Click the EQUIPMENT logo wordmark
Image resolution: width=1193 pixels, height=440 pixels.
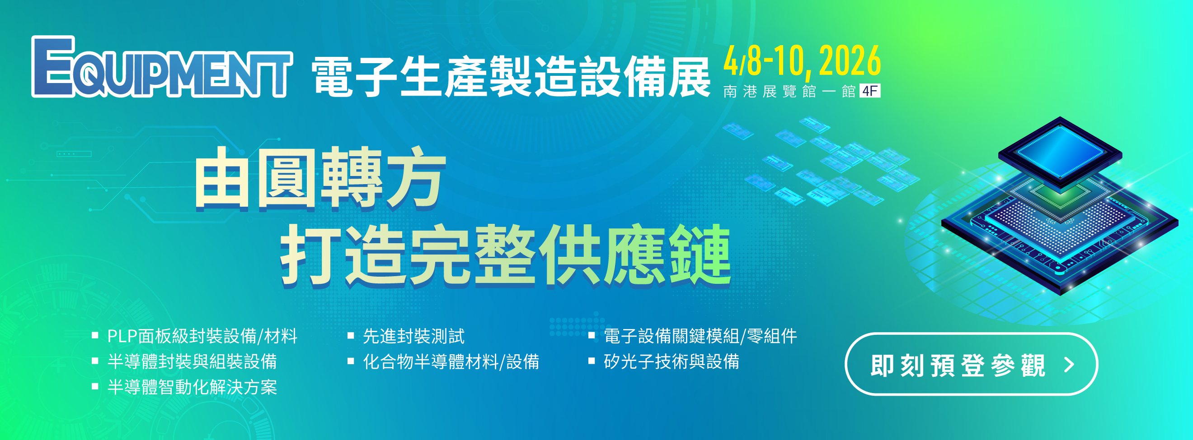(162, 67)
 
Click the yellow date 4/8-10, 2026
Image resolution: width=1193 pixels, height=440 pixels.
(802, 61)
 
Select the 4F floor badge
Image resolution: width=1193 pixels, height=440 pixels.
(870, 91)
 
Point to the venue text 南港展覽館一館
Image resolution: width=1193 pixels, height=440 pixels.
(789, 91)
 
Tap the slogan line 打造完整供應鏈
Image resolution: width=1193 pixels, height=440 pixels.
(506, 255)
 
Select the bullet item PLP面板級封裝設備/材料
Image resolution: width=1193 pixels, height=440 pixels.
(202, 336)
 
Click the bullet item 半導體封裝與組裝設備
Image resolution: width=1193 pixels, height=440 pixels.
(192, 361)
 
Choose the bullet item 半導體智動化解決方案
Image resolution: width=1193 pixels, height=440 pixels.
(192, 387)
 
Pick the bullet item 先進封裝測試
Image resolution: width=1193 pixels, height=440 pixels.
(413, 336)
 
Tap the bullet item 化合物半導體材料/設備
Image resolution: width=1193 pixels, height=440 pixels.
(451, 361)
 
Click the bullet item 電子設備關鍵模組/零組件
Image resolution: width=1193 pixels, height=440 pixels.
(700, 336)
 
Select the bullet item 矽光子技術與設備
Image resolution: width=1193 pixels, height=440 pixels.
(672, 361)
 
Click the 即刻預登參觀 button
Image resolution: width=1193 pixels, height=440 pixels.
(971, 364)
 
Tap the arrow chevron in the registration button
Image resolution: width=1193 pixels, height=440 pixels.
(1069, 365)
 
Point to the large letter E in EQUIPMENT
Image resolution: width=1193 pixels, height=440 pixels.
(53, 67)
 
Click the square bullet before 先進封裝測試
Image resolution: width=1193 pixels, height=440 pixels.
(351, 335)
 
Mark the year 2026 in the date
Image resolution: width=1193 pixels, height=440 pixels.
(850, 60)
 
